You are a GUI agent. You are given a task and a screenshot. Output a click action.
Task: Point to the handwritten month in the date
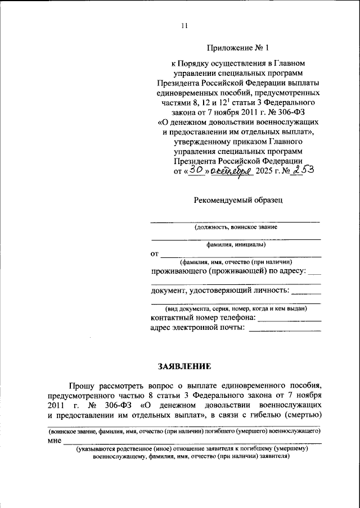click(230, 171)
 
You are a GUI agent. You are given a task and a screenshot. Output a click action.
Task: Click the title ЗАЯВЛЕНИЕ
click(184, 366)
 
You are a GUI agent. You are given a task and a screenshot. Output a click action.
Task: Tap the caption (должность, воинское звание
click(235, 228)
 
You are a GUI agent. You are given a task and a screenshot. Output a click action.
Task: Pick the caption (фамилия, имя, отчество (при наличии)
click(236, 262)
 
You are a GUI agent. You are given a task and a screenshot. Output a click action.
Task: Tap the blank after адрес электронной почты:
click(285, 330)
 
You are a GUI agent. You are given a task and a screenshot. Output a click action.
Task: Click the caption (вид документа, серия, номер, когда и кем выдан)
click(236, 309)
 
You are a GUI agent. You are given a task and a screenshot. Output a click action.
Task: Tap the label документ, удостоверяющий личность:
click(220, 291)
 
